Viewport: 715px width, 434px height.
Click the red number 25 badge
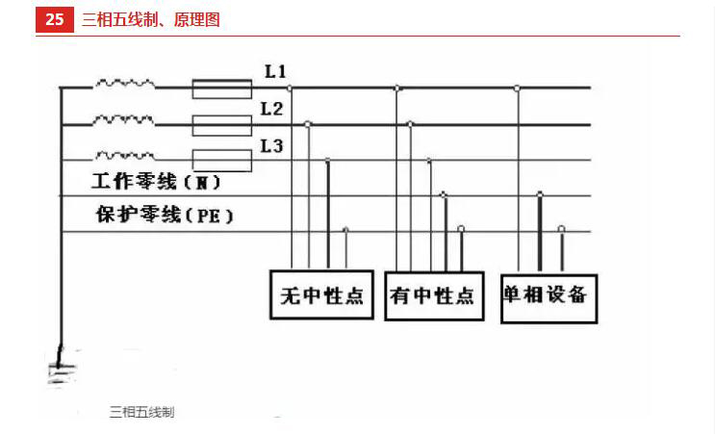54,19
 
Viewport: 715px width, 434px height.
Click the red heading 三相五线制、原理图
151,19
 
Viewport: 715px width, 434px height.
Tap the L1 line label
275,71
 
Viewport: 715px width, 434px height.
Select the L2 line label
271,109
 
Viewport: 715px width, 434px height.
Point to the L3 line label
271,146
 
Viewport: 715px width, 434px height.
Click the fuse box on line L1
222,89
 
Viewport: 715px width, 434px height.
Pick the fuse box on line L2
222,125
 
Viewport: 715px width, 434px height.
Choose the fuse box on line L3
222,161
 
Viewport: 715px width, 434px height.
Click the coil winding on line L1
124,84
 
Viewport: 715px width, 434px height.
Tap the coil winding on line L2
123,120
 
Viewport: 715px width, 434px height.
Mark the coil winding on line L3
124,156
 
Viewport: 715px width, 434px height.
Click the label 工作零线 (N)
157,182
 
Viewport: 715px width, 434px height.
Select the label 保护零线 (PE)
165,215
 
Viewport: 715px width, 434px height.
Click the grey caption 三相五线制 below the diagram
141,412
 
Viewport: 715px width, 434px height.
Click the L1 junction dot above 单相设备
517,88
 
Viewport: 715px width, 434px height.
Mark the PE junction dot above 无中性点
345,230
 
